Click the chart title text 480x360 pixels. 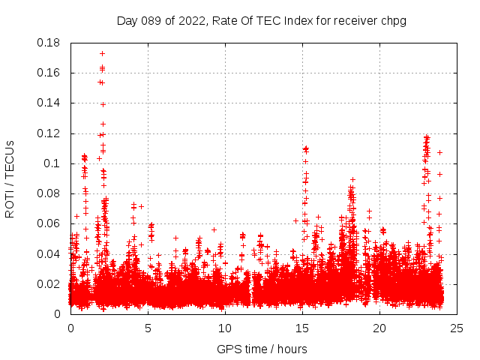click(261, 20)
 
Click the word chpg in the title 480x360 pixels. click(392, 20)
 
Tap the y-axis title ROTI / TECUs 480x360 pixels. click(10, 178)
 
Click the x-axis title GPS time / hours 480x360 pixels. click(261, 349)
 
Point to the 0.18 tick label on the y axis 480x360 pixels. click(49, 43)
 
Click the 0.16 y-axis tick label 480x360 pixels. click(49, 73)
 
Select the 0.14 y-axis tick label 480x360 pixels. click(49, 103)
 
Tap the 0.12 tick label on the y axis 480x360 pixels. click(49, 133)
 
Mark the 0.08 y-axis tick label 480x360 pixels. click(49, 193)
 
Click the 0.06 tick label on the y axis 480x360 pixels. click(49, 223)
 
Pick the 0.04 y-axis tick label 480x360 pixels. click(49, 253)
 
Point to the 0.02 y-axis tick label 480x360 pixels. click(49, 283)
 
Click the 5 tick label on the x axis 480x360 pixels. click(148, 328)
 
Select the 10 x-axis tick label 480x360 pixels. click(225, 328)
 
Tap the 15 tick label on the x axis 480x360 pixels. click(302, 328)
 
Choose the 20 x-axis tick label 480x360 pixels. click(379, 328)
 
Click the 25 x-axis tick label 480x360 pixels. click(457, 328)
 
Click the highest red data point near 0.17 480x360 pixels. click(102, 53)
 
